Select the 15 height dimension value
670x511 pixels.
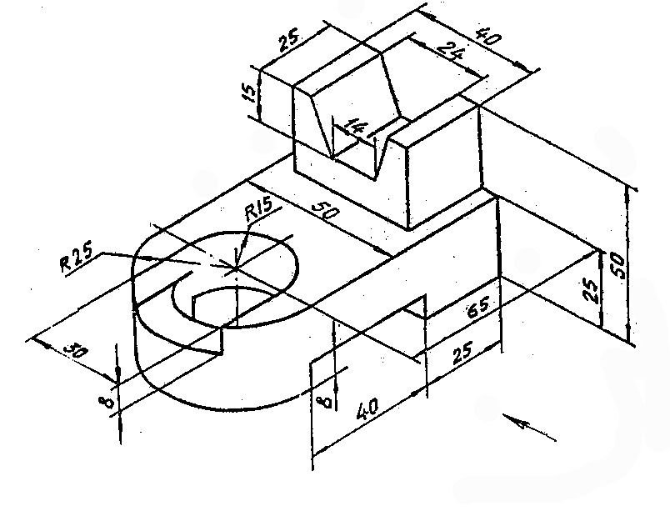click(252, 93)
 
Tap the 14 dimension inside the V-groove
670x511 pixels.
click(356, 127)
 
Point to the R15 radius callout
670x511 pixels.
click(258, 209)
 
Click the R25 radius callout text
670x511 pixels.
click(76, 260)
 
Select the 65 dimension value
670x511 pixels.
click(478, 308)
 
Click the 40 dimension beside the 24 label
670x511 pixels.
click(488, 37)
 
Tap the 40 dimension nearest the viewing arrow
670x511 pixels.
click(367, 409)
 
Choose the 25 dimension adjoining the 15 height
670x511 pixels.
click(289, 42)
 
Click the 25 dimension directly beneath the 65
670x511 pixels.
click(462, 353)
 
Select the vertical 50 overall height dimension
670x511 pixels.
click(618, 266)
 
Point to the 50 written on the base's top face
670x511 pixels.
click(326, 211)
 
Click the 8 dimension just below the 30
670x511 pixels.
click(106, 402)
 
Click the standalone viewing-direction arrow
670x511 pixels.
click(529, 428)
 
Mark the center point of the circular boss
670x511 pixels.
click(236, 268)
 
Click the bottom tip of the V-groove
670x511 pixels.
click(376, 179)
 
